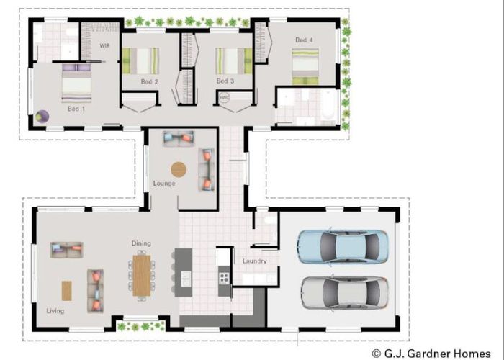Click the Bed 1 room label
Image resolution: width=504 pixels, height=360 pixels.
coord(76,109)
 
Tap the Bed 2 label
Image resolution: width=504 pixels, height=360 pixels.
coord(149,81)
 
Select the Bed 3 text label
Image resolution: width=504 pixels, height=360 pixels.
coord(225,81)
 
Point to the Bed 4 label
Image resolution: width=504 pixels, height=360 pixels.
coord(304,40)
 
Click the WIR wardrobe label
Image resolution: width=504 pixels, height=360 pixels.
coord(104,46)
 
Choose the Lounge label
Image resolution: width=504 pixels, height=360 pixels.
coord(164,184)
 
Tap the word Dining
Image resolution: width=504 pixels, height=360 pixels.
coord(141,243)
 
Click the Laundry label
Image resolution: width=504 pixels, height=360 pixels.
coord(254,261)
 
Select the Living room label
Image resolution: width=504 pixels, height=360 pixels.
coord(55,311)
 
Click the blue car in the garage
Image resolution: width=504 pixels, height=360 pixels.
coord(342,246)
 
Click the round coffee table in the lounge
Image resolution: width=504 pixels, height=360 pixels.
coord(179,170)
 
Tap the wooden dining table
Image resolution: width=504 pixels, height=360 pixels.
coord(142,275)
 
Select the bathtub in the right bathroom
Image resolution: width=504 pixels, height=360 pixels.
coord(329,105)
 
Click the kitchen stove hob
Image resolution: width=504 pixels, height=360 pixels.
coord(223,276)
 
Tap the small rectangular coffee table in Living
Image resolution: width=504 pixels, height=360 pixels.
coord(66,290)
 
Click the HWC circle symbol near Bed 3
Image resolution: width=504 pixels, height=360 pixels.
coord(224,99)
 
